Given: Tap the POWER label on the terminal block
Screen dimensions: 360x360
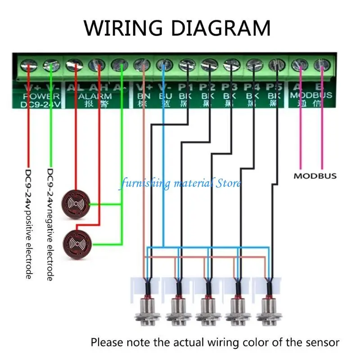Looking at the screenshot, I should point(41,96).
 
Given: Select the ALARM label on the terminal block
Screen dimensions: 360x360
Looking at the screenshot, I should point(96,96).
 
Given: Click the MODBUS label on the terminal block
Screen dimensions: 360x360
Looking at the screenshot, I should point(311,95).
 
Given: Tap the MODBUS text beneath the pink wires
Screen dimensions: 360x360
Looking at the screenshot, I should point(315,175).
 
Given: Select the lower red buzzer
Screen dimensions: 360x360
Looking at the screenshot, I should point(77,243).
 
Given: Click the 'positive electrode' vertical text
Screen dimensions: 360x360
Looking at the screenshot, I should point(28,243).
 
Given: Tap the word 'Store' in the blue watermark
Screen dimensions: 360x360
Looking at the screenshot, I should point(229,183).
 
